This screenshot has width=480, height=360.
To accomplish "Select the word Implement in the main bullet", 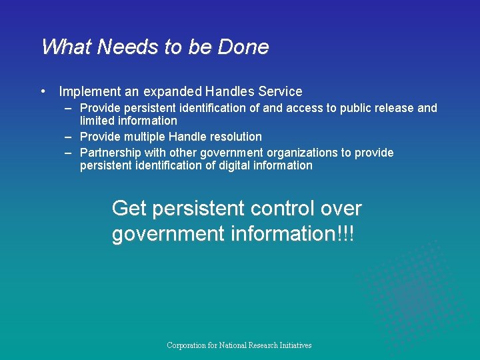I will pos(89,92).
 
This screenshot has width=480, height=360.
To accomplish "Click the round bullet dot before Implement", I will pos(43,91).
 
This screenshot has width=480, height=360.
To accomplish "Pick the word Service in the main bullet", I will pos(279,92).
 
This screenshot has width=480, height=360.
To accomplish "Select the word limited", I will pos(97,121).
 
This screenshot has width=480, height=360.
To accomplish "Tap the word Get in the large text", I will pos(129,209).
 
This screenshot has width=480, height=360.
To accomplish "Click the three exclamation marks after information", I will pos(347,234).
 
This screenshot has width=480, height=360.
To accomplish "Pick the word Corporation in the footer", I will pos(186,345).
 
